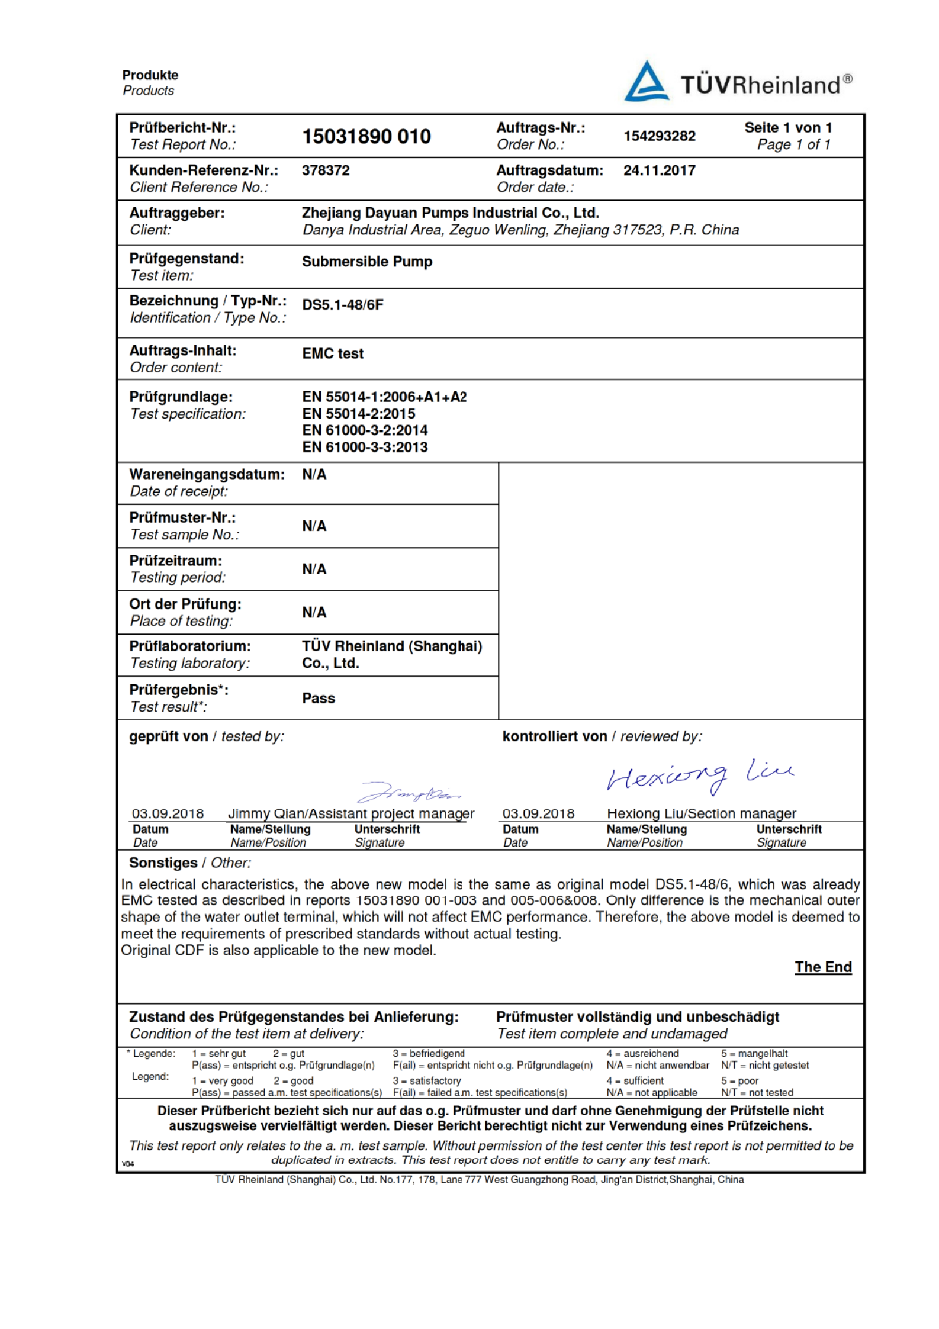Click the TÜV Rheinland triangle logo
(647, 82)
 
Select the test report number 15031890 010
(366, 137)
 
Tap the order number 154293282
(659, 136)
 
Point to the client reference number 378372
(326, 170)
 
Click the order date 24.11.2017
(659, 170)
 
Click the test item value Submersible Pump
(367, 262)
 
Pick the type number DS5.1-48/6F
(343, 305)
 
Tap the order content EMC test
(333, 353)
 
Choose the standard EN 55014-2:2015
(359, 414)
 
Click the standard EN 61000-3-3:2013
(365, 447)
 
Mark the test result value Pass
(319, 699)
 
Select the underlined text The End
(823, 967)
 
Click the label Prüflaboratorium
(190, 646)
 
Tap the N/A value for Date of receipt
(314, 475)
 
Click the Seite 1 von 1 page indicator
(788, 128)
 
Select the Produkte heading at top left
(150, 75)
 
